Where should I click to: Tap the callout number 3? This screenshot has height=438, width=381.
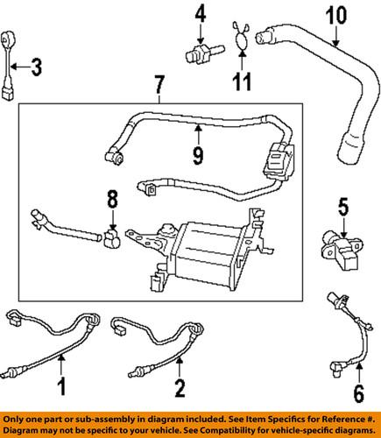[36, 65]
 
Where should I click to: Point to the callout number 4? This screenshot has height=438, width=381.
[200, 14]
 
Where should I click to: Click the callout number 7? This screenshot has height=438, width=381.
[159, 85]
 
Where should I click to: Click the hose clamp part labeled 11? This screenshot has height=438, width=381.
[240, 39]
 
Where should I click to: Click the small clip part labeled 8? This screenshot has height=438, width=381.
[110, 237]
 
